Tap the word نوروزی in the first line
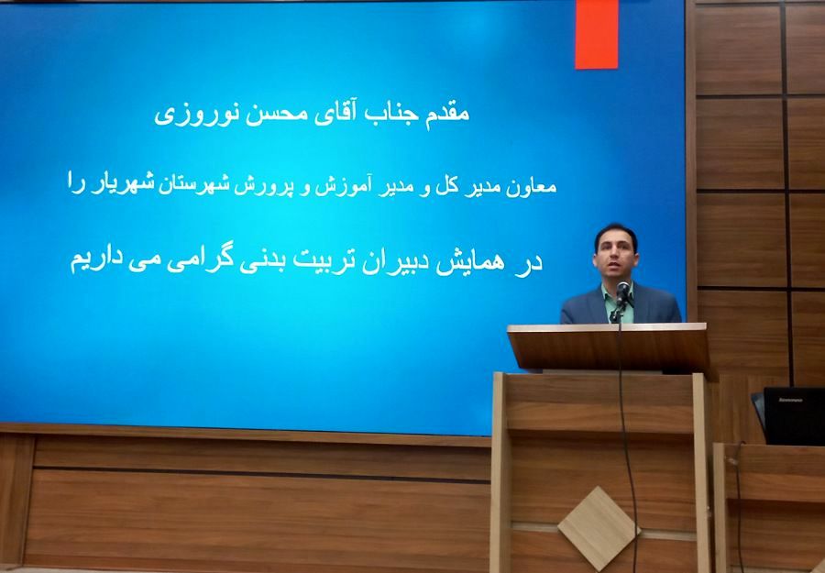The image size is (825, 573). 215,118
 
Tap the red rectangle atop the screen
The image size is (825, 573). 596,34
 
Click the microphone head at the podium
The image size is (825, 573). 623,291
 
